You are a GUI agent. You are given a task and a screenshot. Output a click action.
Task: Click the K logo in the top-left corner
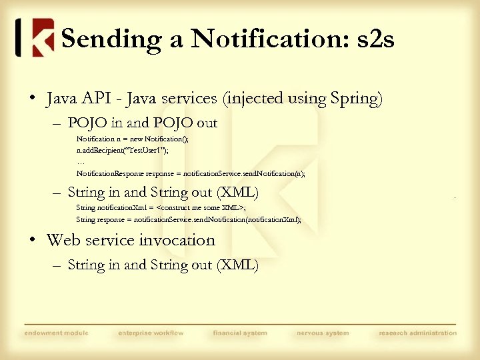pyautogui.click(x=35, y=38)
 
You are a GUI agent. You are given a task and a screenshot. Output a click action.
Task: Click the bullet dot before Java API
pyautogui.click(x=31, y=99)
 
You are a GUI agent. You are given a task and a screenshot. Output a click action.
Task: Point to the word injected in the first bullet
pyautogui.click(x=257, y=99)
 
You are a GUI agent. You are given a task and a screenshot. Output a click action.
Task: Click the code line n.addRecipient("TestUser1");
pyautogui.click(x=122, y=151)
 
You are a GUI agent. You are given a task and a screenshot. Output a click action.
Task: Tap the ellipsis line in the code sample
pyautogui.click(x=81, y=162)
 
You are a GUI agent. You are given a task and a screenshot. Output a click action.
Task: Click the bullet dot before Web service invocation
pyautogui.click(x=31, y=240)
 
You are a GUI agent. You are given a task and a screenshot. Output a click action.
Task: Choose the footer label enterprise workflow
pyautogui.click(x=150, y=333)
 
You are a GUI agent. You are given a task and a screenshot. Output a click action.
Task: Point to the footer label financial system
pyautogui.click(x=240, y=333)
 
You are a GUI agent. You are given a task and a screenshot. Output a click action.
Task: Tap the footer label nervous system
pyautogui.click(x=322, y=333)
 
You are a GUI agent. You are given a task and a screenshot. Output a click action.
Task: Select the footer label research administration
pyautogui.click(x=418, y=333)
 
